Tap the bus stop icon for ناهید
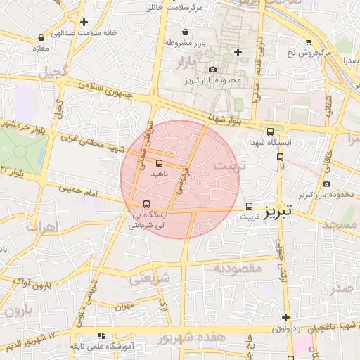click(158, 163)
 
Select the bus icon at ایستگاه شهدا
click(271, 131)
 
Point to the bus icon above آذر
click(281, 157)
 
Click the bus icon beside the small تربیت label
click(250, 206)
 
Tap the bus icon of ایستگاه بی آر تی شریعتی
click(146, 205)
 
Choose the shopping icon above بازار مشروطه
click(185, 32)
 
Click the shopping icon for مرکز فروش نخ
click(309, 42)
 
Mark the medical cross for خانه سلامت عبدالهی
click(84, 22)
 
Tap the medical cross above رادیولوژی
click(285, 317)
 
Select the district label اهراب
click(39, 228)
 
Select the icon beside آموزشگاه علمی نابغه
click(103, 335)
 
